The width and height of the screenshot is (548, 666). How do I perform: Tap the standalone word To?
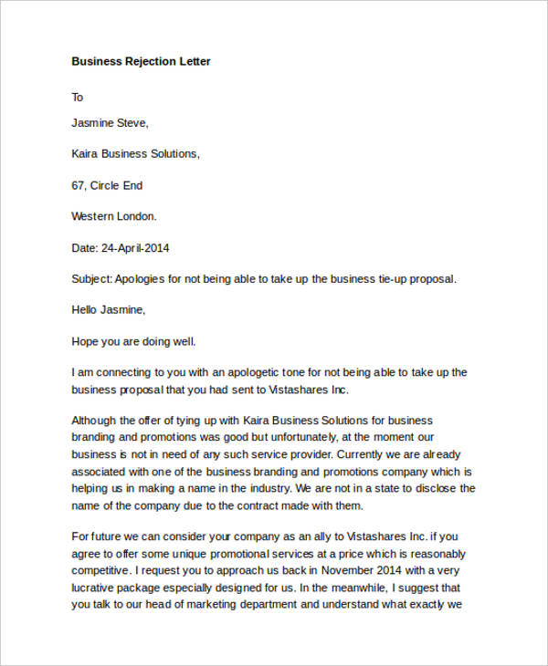pyautogui.click(x=78, y=97)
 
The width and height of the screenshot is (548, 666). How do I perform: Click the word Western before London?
pyautogui.click(x=93, y=216)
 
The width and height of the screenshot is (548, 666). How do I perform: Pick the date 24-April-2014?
pyautogui.click(x=134, y=248)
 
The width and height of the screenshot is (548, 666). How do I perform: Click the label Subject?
pyautogui.click(x=92, y=279)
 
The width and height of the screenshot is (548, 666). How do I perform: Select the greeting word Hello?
pyautogui.click(x=86, y=310)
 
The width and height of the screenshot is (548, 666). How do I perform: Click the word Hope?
pyautogui.click(x=86, y=342)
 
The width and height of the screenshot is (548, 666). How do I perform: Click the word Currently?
pyautogui.click(x=365, y=454)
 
